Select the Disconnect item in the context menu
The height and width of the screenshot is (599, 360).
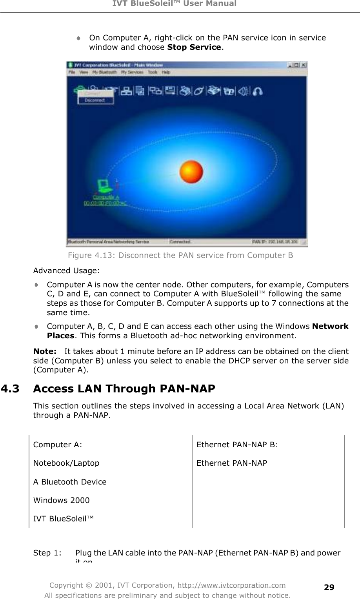click(x=95, y=100)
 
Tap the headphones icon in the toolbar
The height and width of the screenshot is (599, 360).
click(x=257, y=91)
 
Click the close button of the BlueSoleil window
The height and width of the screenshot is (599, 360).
click(x=304, y=65)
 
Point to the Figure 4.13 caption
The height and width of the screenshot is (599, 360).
click(x=180, y=256)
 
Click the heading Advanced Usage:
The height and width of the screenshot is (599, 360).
click(x=66, y=270)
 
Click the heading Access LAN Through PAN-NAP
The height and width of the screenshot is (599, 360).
click(x=124, y=388)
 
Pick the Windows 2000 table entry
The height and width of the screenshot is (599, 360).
click(x=61, y=500)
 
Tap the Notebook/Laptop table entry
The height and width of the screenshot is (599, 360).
click(x=66, y=463)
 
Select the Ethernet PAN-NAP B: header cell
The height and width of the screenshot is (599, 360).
click(x=237, y=445)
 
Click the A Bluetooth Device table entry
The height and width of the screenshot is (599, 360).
click(x=70, y=482)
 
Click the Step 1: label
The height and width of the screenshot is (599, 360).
click(x=47, y=553)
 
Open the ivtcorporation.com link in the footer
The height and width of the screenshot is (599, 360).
click(x=231, y=585)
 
